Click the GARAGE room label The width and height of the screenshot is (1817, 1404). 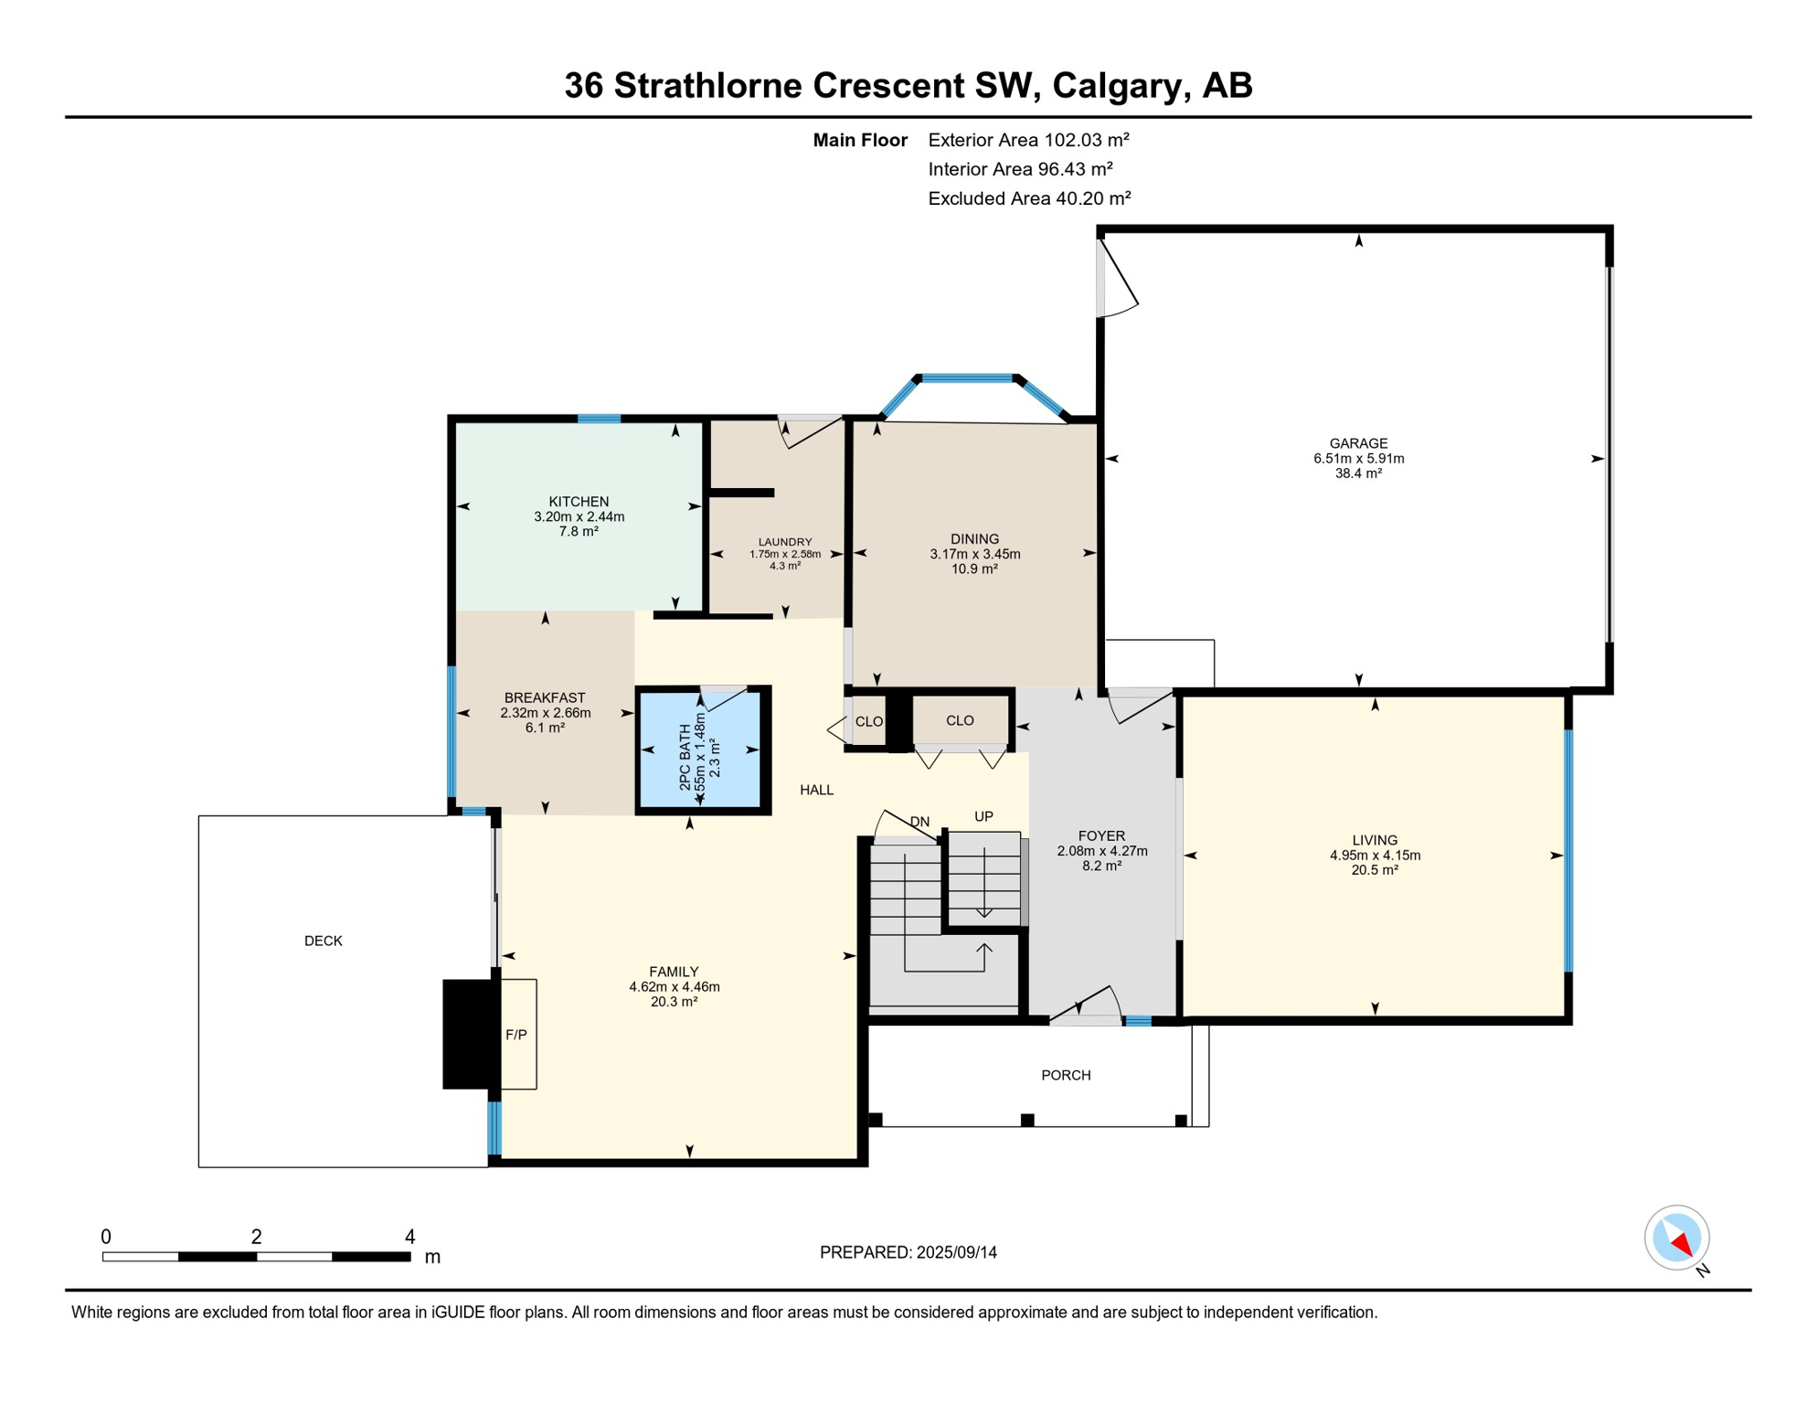coord(1358,443)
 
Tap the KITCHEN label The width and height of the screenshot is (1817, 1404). coord(579,502)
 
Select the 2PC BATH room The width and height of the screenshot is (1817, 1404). coord(703,750)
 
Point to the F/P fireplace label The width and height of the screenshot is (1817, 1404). coord(516,1035)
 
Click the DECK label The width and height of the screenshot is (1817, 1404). coord(324,941)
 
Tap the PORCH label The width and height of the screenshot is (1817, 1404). coord(1066,1075)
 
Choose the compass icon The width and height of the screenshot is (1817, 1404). coord(1677,1239)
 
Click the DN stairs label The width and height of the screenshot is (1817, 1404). coord(919,822)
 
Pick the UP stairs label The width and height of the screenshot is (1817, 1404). coord(983,816)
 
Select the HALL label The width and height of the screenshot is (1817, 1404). coord(816,790)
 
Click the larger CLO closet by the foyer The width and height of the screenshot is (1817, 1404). coord(960,720)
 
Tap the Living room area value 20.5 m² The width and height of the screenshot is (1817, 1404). coord(1375,870)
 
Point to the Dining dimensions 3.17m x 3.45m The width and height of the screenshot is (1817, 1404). coord(975,554)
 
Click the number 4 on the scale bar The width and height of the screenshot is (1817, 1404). coord(410,1237)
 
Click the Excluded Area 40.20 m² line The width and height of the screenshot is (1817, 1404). coord(1029,198)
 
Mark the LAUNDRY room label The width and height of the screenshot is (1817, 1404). coord(785,542)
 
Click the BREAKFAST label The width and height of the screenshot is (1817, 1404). coord(545,698)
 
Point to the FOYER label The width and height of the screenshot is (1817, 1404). coord(1101,835)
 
